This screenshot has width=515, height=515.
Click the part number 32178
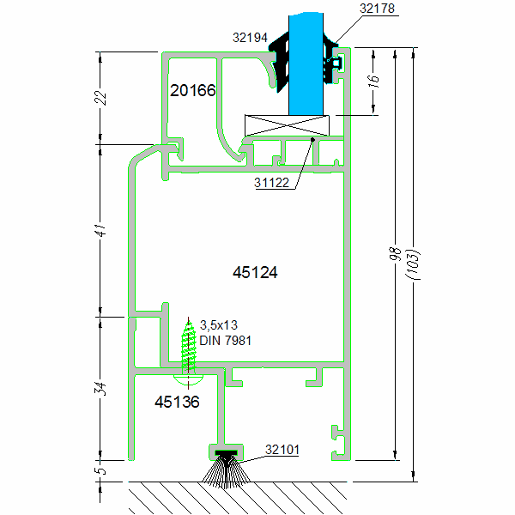click(x=379, y=9)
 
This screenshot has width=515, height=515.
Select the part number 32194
click(x=251, y=38)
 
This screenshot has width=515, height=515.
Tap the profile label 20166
click(x=192, y=90)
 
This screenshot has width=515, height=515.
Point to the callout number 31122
click(x=273, y=182)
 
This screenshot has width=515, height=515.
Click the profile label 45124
click(x=256, y=272)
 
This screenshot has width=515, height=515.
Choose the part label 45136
click(x=177, y=402)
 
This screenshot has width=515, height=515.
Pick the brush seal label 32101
click(x=282, y=449)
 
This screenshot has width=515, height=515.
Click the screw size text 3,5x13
click(x=218, y=325)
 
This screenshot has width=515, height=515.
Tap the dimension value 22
click(x=100, y=97)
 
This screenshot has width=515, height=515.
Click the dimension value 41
click(x=100, y=229)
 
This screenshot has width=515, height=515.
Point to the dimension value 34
click(x=100, y=388)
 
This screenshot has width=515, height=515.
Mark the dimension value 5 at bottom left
click(x=100, y=470)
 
